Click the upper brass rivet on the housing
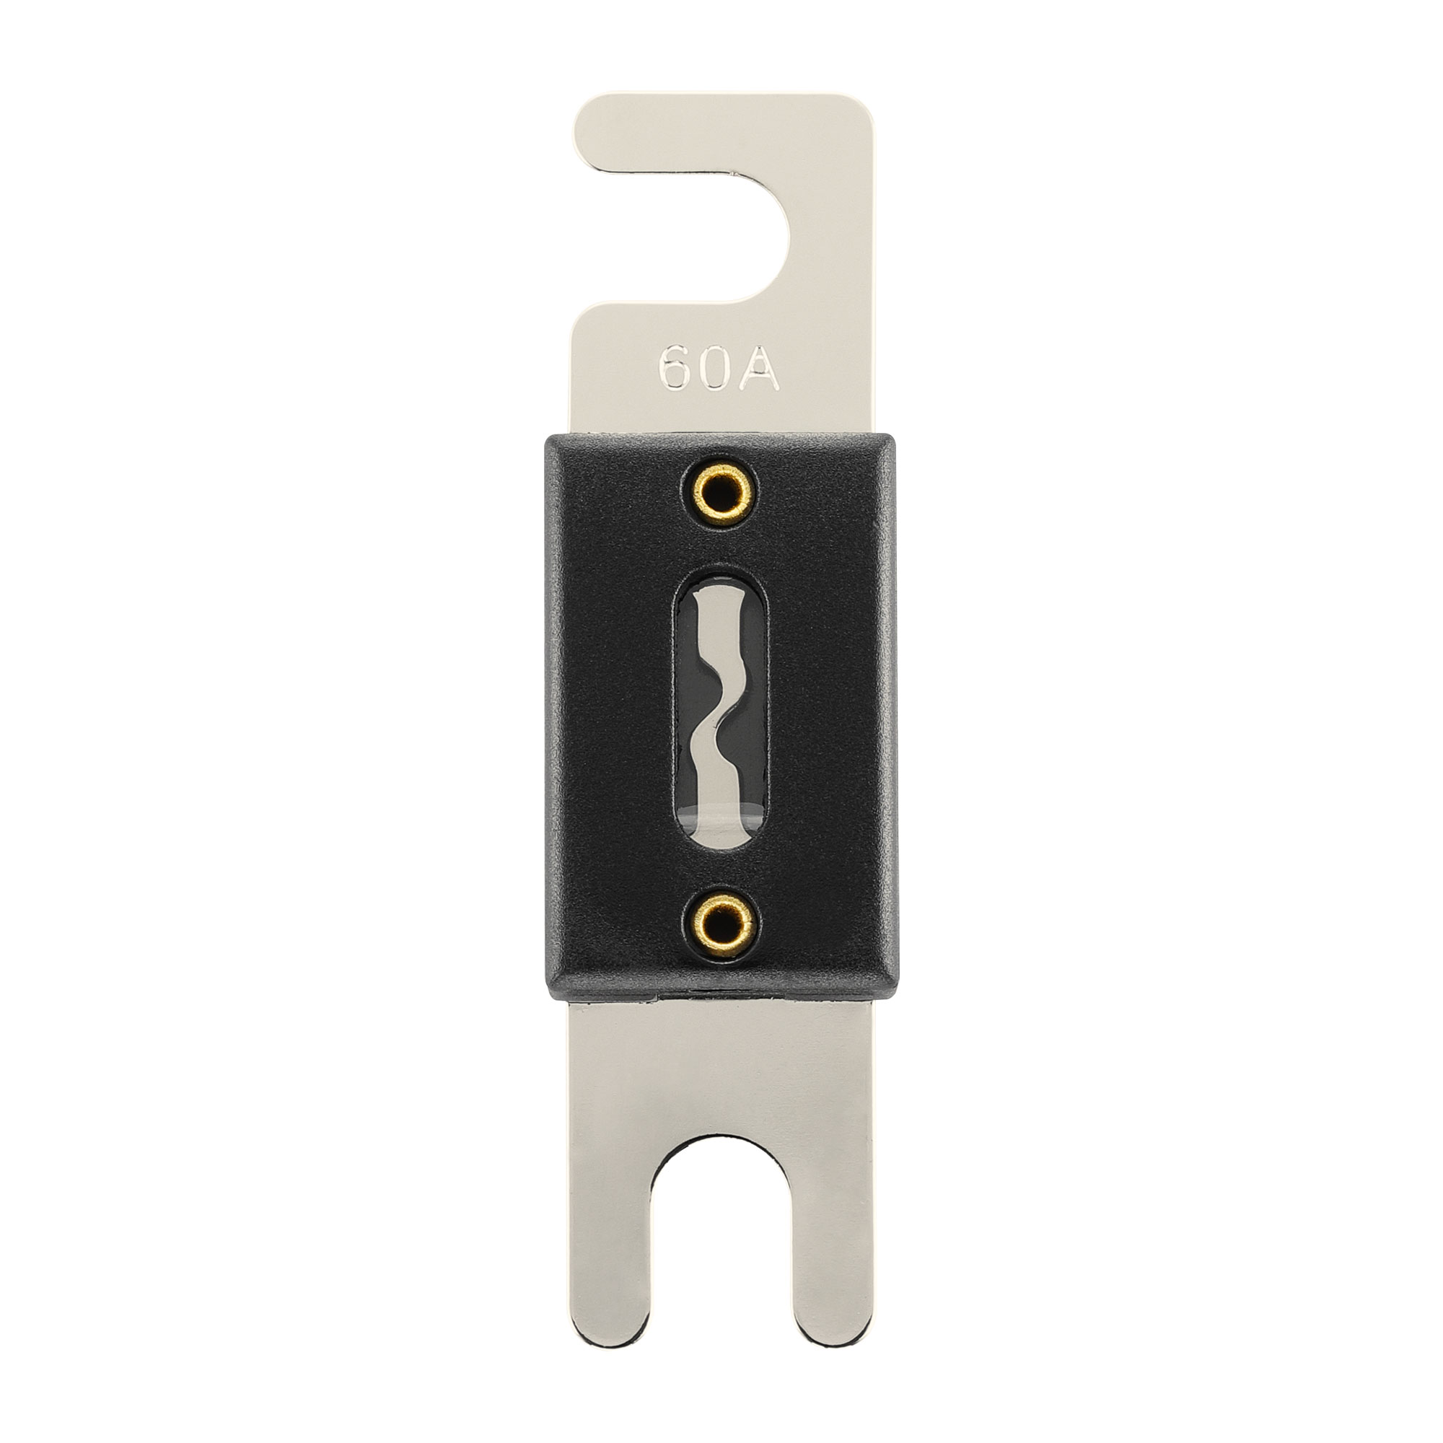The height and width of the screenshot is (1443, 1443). (720, 491)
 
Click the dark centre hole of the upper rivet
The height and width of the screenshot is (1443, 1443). (720, 491)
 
